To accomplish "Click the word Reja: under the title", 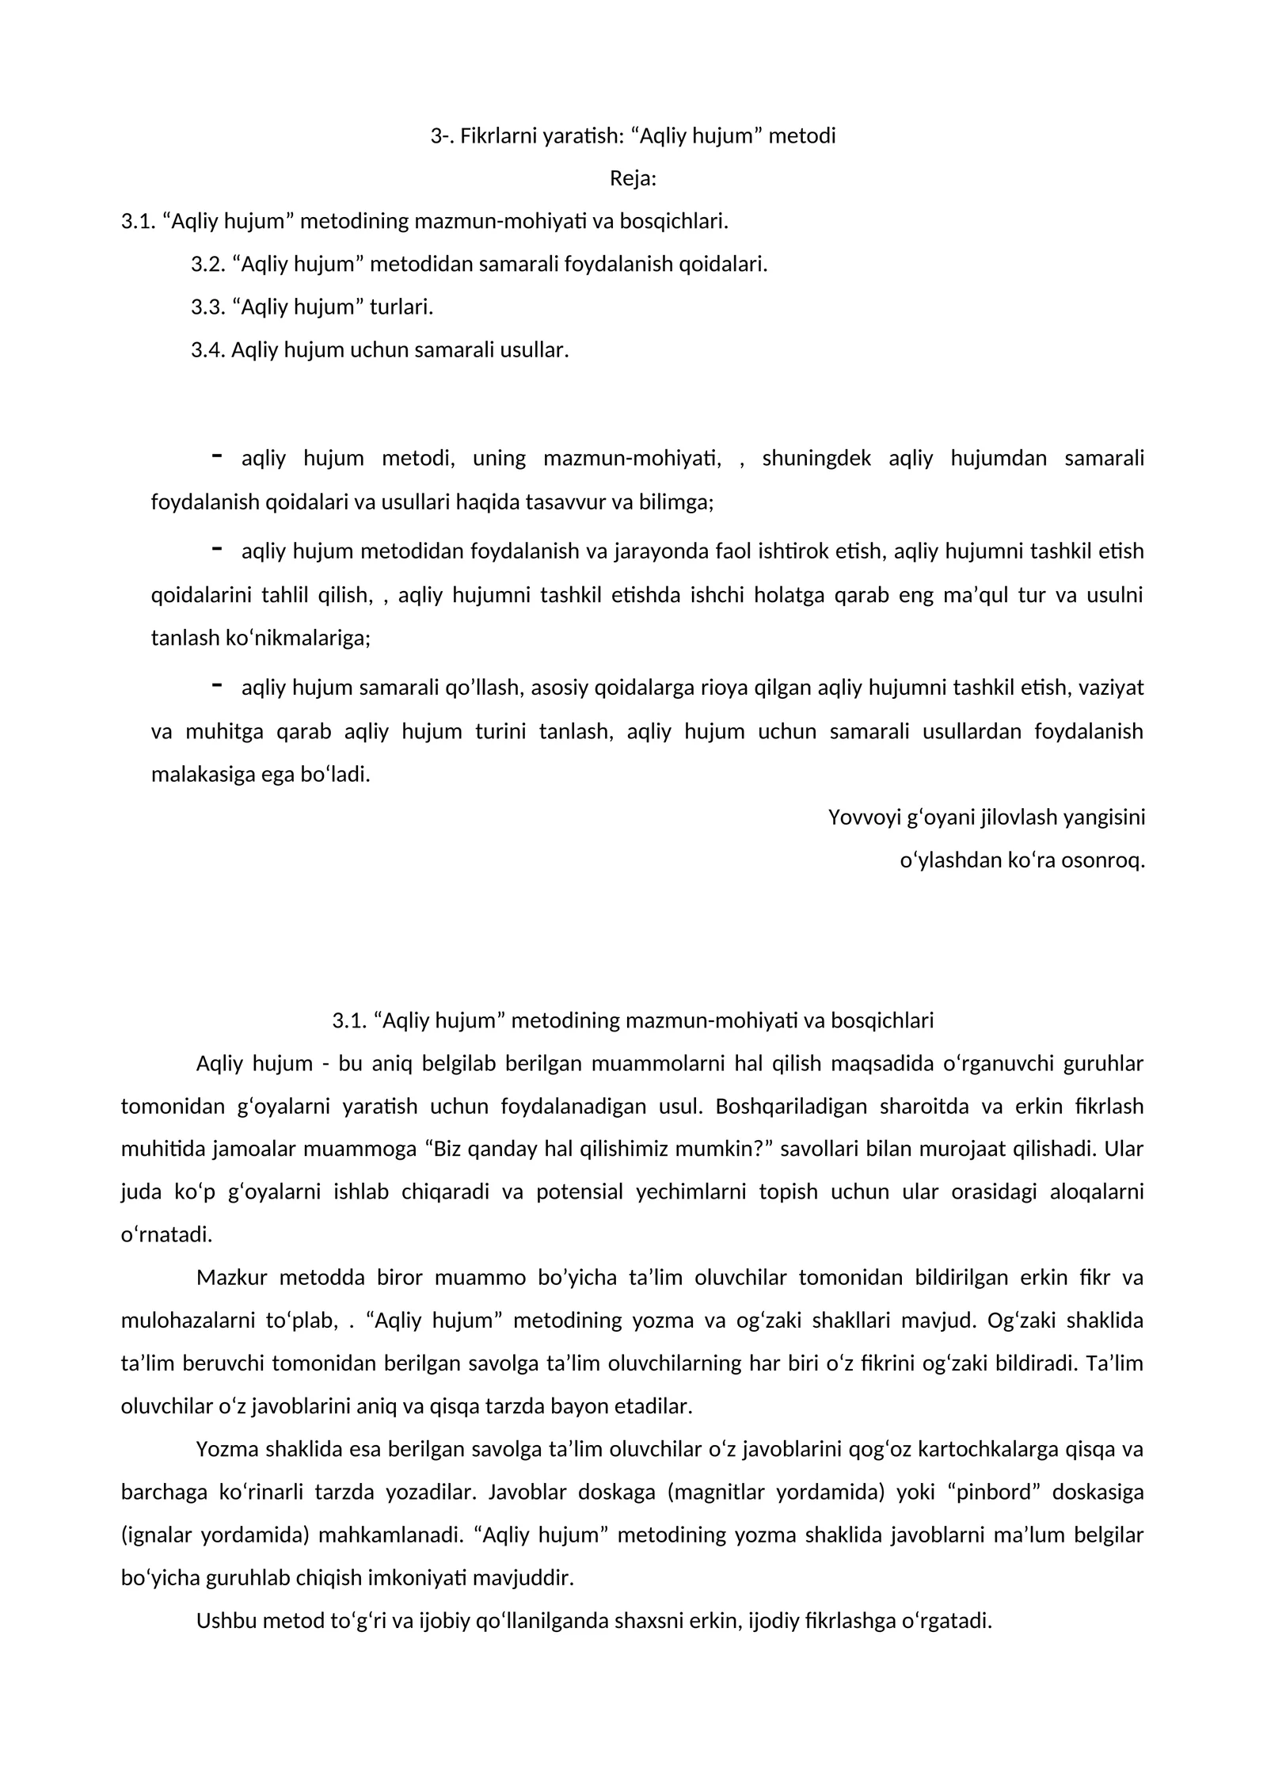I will pos(633,179).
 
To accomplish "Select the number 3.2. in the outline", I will pos(208,265).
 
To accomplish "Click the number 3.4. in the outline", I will pos(208,350).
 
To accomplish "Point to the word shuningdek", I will pos(816,459).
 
